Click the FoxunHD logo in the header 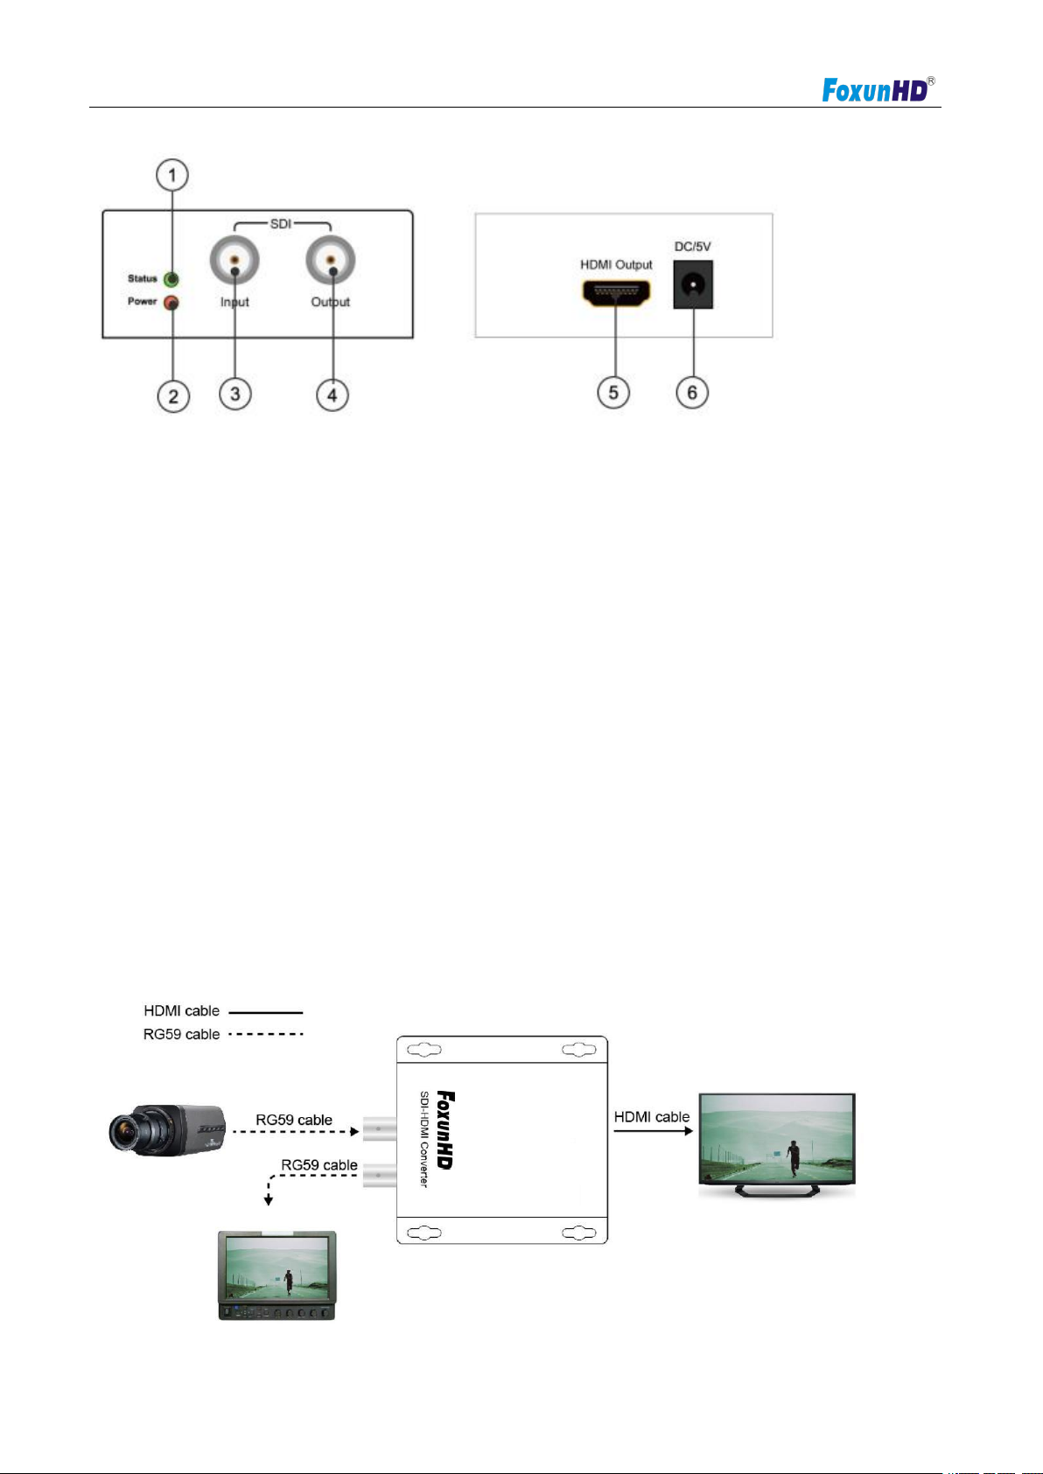click(878, 89)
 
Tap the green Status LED click(171, 279)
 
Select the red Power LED click(171, 303)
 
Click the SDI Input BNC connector click(234, 260)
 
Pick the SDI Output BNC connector click(331, 260)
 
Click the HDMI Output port click(616, 292)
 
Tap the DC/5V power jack click(693, 284)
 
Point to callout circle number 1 click(172, 175)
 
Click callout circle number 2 click(173, 396)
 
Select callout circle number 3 click(234, 395)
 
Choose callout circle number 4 click(332, 395)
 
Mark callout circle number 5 click(613, 393)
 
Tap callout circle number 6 click(692, 393)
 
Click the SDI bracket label click(281, 224)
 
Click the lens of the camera click(123, 1133)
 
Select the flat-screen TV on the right click(776, 1145)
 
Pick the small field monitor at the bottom click(277, 1275)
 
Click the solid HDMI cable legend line click(266, 1012)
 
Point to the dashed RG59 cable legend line click(266, 1034)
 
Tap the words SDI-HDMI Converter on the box click(424, 1139)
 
